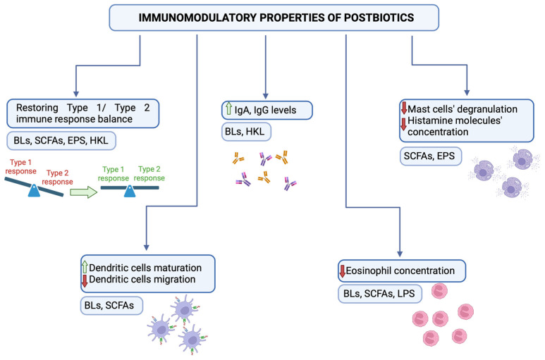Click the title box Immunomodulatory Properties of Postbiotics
click(274, 18)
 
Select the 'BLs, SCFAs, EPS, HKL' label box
click(61, 141)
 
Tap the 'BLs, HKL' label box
click(246, 132)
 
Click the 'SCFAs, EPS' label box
click(431, 156)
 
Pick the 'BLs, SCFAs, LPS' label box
click(380, 294)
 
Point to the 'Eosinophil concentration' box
click(402, 271)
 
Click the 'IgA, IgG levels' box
click(267, 111)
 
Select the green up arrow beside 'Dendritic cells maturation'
click(85, 267)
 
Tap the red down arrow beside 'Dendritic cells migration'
click(85, 280)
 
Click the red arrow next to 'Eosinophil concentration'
click(343, 271)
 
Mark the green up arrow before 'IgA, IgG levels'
click(228, 108)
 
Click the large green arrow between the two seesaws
click(84, 192)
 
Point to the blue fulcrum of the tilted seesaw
click(34, 191)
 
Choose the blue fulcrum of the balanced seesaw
click(130, 191)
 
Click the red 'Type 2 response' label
click(57, 178)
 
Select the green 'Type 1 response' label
click(114, 173)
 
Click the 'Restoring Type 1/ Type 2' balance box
click(83, 113)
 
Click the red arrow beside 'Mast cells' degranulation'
click(404, 108)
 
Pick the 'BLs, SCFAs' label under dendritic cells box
click(111, 306)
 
